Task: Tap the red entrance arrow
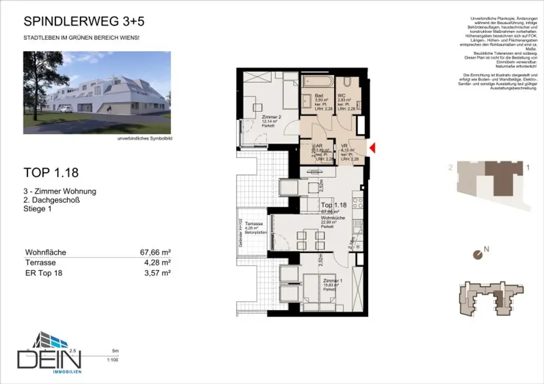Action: point(372,149)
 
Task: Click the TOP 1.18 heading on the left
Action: point(52,173)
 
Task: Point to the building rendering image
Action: point(97,92)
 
